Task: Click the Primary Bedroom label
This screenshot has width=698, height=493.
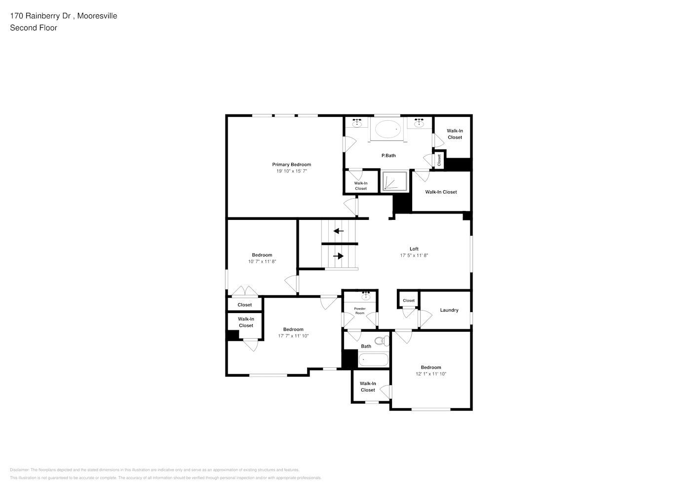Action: pyautogui.click(x=291, y=165)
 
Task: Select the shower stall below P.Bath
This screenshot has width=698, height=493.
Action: pyautogui.click(x=394, y=181)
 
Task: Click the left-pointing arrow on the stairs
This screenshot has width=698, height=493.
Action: pyautogui.click(x=339, y=231)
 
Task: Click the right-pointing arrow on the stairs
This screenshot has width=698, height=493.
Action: pyautogui.click(x=339, y=256)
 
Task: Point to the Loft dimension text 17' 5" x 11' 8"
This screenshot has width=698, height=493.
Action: pyautogui.click(x=414, y=255)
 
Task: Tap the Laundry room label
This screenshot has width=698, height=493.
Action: pyautogui.click(x=449, y=310)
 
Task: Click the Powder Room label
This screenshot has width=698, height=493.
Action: pyautogui.click(x=360, y=311)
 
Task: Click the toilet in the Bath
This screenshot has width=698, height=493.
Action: pyautogui.click(x=380, y=341)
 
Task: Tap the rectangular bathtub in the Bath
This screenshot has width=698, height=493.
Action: pyautogui.click(x=373, y=359)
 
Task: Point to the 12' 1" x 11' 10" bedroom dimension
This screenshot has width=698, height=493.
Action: pyautogui.click(x=430, y=374)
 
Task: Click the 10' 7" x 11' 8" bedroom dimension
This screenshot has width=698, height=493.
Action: pyautogui.click(x=262, y=261)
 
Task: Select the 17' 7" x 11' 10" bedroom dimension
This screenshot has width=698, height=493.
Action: pyautogui.click(x=293, y=336)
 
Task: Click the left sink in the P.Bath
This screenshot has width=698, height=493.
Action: pyautogui.click(x=357, y=123)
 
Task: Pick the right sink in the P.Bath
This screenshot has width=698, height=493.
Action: pyautogui.click(x=420, y=123)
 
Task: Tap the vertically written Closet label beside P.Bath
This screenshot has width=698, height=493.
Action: pyautogui.click(x=439, y=160)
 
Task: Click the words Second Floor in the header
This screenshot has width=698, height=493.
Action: pyautogui.click(x=34, y=28)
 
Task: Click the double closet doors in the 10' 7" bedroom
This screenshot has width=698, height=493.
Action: pyautogui.click(x=245, y=292)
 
